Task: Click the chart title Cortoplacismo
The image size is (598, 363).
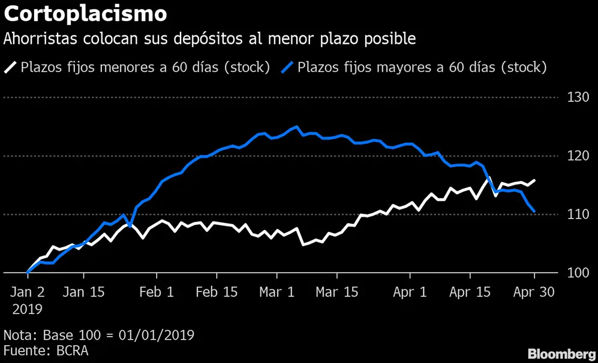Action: (85, 14)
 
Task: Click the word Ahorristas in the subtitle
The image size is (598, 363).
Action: (40, 39)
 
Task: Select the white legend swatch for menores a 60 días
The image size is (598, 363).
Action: (10, 68)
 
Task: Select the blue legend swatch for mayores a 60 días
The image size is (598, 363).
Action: (287, 68)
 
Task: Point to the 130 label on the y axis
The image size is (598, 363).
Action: (578, 98)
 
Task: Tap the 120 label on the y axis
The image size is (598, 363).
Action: (578, 156)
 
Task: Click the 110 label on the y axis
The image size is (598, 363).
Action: (578, 214)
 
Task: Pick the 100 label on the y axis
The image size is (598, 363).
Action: (578, 273)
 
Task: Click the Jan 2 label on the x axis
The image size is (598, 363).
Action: (28, 292)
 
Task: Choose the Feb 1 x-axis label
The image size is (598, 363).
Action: (157, 292)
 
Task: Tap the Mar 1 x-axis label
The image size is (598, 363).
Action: (277, 292)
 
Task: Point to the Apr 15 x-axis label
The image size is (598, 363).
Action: (470, 292)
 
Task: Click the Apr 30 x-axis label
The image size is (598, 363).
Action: (534, 292)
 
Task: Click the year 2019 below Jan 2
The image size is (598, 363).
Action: (28, 309)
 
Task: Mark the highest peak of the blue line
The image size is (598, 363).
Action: (297, 126)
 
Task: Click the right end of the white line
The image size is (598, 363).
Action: (534, 180)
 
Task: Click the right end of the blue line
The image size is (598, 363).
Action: (534, 211)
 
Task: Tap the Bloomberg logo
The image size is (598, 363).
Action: (562, 355)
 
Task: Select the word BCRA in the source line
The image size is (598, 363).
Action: (72, 351)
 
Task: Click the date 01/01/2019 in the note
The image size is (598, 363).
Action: (157, 335)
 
